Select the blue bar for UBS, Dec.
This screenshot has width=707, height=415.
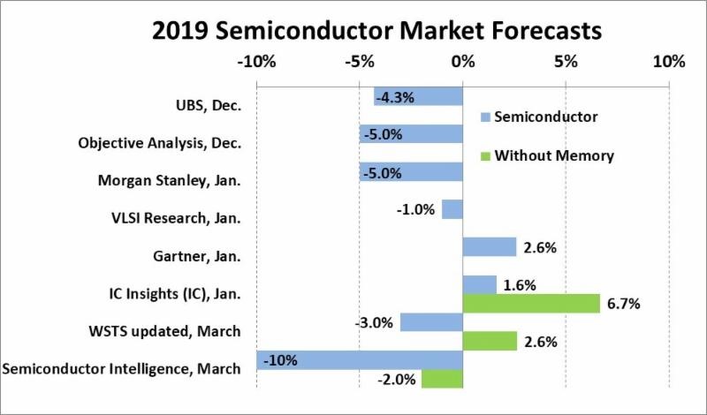pos(418,96)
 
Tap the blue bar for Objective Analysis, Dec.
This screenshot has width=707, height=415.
pos(411,134)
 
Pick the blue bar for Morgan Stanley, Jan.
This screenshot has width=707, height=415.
pos(411,171)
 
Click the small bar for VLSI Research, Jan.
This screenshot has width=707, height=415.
pos(452,209)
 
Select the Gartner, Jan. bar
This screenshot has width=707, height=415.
pos(489,246)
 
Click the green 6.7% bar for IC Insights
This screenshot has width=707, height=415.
pos(531,303)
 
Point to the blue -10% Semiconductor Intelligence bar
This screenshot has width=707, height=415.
pos(360,359)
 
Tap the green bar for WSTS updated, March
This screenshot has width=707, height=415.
pos(490,341)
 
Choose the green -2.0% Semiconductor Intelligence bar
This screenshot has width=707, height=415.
pos(442,378)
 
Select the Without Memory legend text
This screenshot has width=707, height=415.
pos(554,156)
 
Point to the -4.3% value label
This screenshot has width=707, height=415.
pos(395,96)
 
